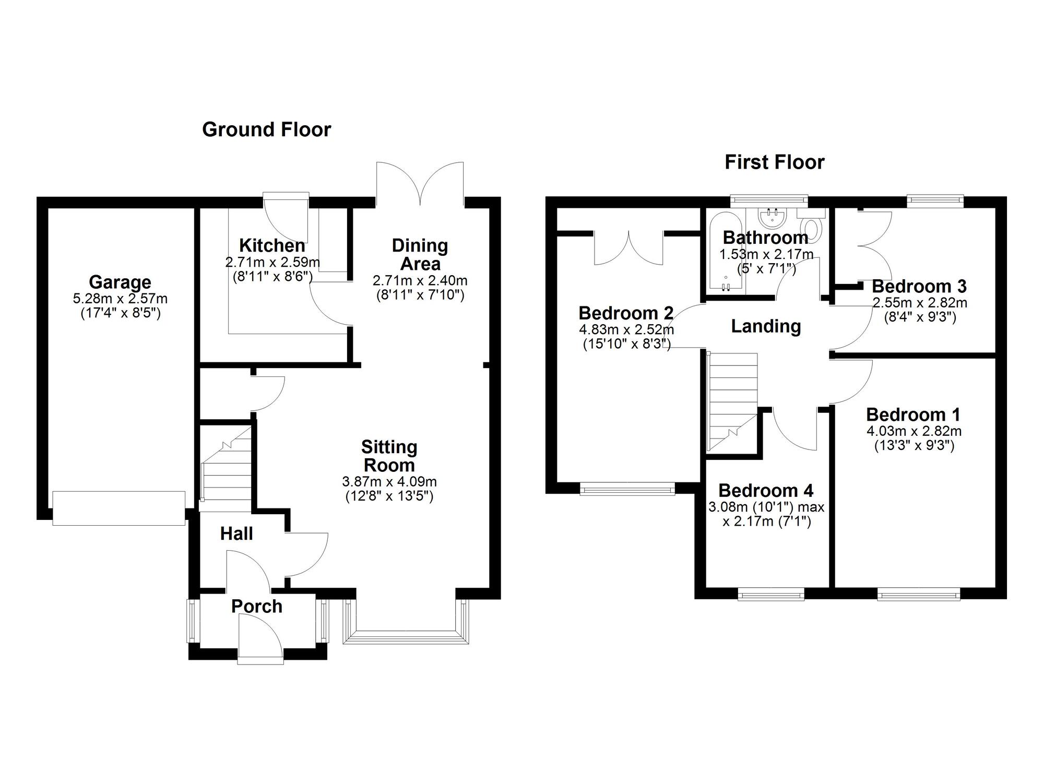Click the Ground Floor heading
pyautogui.click(x=266, y=129)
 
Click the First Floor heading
pyautogui.click(x=774, y=162)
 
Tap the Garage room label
pyautogui.click(x=120, y=282)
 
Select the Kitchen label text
pyautogui.click(x=272, y=245)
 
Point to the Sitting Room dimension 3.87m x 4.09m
pyautogui.click(x=389, y=482)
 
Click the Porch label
pyautogui.click(x=257, y=606)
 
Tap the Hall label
pyautogui.click(x=236, y=533)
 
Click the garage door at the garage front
pyautogui.click(x=119, y=508)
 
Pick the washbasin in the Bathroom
pyautogui.click(x=773, y=219)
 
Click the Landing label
pyautogui.click(x=766, y=326)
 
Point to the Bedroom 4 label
pyautogui.click(x=766, y=491)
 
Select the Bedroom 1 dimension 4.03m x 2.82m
pyautogui.click(x=914, y=432)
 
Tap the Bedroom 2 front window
pyautogui.click(x=627, y=489)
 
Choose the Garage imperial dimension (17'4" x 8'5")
pyautogui.click(x=120, y=313)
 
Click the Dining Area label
pyautogui.click(x=420, y=255)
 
